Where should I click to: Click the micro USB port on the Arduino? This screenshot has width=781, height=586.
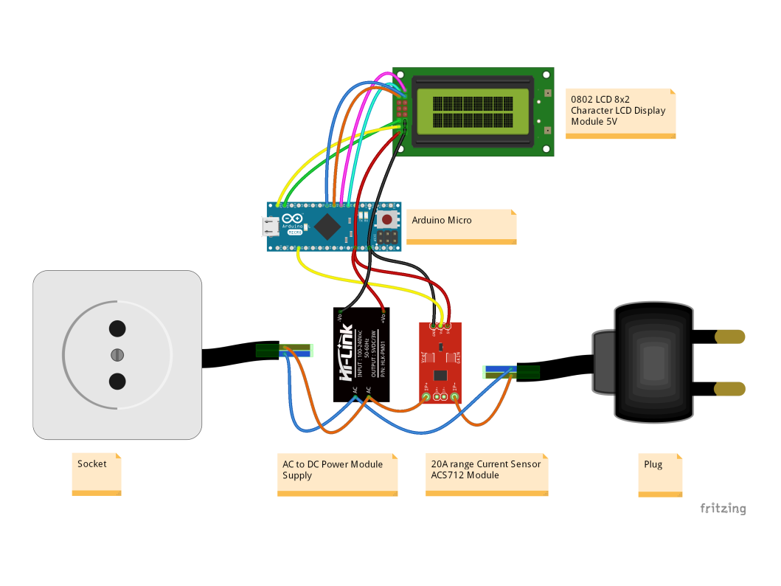pos(272,227)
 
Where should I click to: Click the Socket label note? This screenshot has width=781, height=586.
pos(97,473)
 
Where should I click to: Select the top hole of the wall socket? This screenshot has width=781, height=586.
pos(117,328)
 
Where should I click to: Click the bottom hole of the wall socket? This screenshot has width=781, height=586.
pos(117,382)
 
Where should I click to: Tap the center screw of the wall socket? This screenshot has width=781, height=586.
pos(117,355)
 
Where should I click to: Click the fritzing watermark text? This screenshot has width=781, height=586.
pos(722,509)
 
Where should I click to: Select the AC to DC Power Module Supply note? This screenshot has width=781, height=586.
pos(337,475)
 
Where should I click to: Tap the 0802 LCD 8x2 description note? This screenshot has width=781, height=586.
pos(620,113)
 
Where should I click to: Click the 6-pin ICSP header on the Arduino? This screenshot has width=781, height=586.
pos(386,238)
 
